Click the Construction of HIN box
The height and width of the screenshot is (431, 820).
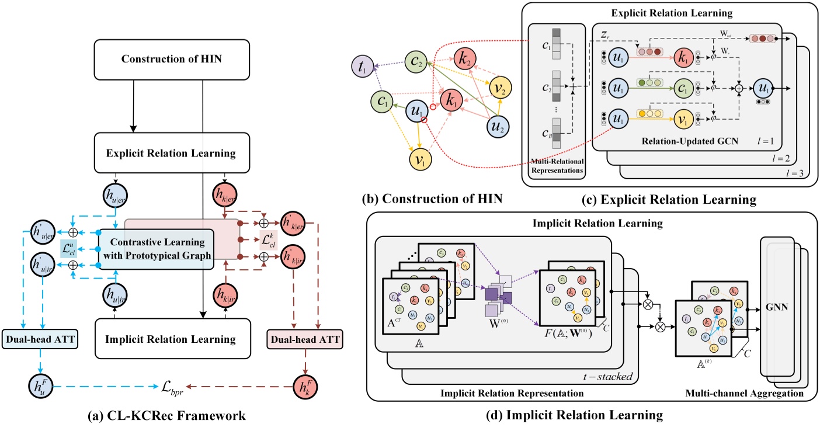pyautogui.click(x=171, y=59)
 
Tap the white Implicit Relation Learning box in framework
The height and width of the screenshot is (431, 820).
pyautogui.click(x=171, y=339)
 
